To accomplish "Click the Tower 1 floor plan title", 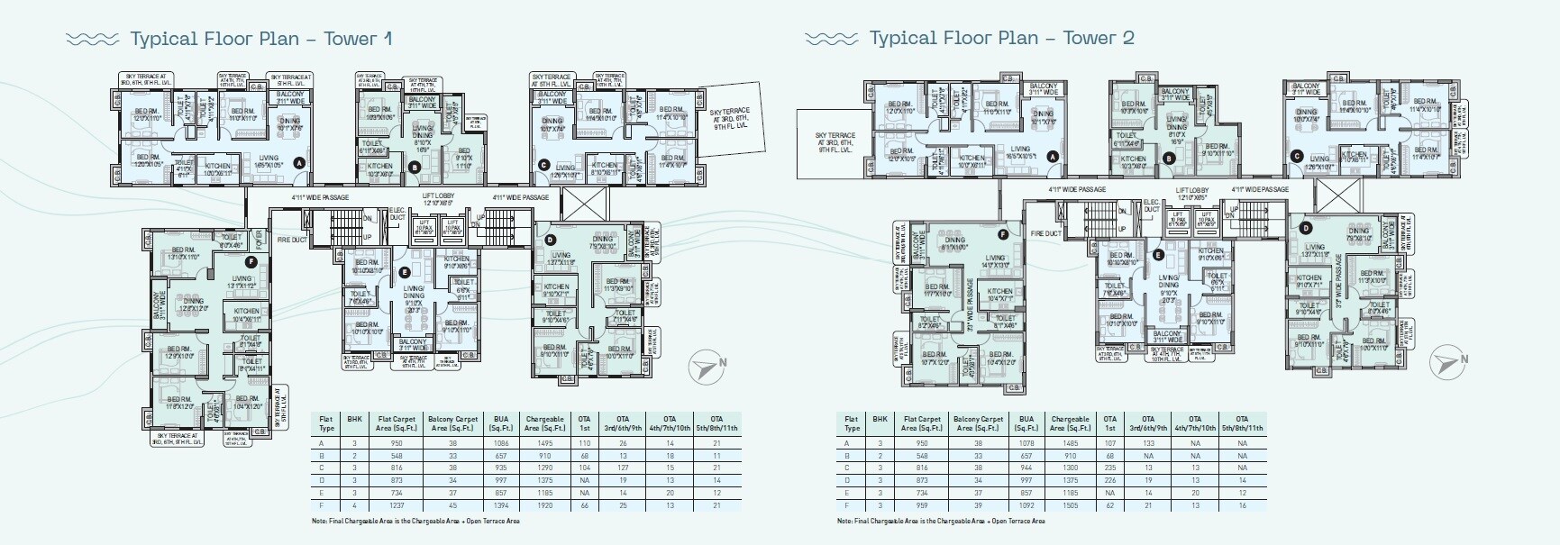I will coord(260,38).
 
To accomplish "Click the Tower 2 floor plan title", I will coord(1000,38).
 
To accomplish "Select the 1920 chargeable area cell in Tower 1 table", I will coord(544,506).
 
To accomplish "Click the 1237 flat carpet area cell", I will coord(397,506).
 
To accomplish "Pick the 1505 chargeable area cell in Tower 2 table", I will coord(1070,506).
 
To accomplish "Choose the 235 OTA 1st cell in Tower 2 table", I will coord(1110,468).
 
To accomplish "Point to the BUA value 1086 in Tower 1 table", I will coord(501,443).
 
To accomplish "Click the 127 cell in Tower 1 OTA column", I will coord(623,468).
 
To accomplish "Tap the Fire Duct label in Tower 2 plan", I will coord(1045,233).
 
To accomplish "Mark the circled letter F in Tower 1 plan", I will coord(251,262).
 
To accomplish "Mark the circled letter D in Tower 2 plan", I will coord(1305,228).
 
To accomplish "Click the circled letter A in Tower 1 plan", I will coord(299,162).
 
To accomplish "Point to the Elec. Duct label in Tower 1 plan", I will coord(397,214).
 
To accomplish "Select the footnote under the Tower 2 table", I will coord(941,521).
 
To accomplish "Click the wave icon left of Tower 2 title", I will coord(832,39).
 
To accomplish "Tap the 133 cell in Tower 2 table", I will coord(1148,443).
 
